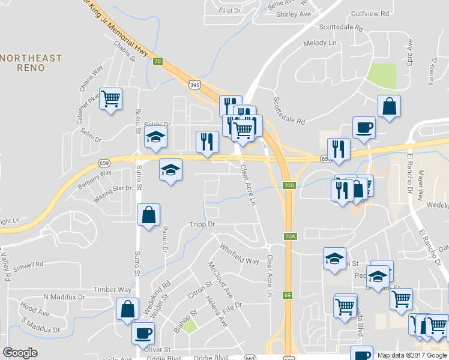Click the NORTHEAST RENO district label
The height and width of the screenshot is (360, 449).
(31, 62)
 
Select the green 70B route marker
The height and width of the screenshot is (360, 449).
(289, 185)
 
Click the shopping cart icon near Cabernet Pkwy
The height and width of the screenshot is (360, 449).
(111, 98)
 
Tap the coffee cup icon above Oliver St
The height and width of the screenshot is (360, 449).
(143, 333)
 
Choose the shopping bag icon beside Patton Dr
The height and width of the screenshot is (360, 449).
(148, 214)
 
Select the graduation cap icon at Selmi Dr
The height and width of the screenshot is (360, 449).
(155, 137)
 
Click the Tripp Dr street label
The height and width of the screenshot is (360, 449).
(202, 224)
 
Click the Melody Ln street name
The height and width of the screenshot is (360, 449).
(320, 43)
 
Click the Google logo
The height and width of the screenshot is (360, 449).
(20, 353)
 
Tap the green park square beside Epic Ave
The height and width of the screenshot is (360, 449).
(381, 76)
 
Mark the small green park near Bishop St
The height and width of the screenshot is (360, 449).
(190, 326)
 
